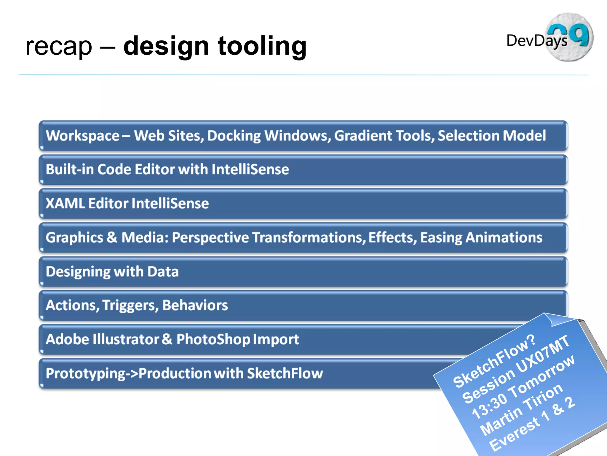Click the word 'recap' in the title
pyautogui.click(x=59, y=47)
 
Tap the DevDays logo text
pyautogui.click(x=536, y=41)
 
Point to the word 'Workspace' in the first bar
pyautogui.click(x=82, y=136)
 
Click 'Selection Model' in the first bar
pyautogui.click(x=491, y=136)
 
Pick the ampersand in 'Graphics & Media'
pyautogui.click(x=112, y=237)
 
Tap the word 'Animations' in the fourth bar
pyautogui.click(x=504, y=237)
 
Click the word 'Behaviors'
pyautogui.click(x=195, y=305)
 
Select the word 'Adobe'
pyautogui.click(x=67, y=339)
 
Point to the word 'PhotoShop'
pyautogui.click(x=213, y=339)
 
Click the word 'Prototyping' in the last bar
pyautogui.click(x=86, y=373)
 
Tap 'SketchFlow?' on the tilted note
pyautogui.click(x=494, y=361)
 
